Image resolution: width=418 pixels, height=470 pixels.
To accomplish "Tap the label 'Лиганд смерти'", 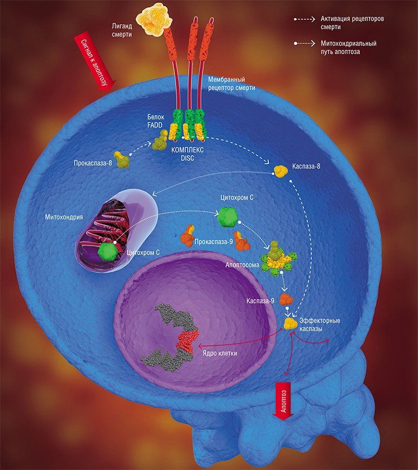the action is (122, 30).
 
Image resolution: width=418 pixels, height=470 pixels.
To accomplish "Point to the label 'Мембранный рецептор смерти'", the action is (232, 84).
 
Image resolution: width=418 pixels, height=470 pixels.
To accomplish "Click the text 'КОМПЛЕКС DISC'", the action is (187, 154).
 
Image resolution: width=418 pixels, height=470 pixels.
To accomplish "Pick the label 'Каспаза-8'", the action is (306, 166).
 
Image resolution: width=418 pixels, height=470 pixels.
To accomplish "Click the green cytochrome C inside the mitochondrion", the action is (107, 251).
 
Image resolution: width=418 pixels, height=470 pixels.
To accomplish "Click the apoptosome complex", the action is (278, 258).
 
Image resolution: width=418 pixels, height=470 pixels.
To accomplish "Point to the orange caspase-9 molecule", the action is (286, 300).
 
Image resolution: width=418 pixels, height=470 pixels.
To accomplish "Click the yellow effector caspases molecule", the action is (290, 324).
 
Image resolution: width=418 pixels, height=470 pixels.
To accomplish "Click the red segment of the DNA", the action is (188, 341).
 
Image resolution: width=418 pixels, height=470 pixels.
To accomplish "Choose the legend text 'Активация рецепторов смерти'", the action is (352, 23).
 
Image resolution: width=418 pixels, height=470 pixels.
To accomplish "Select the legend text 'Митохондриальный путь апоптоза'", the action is (349, 47).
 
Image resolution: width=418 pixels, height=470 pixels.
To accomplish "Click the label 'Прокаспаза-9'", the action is (214, 241).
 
